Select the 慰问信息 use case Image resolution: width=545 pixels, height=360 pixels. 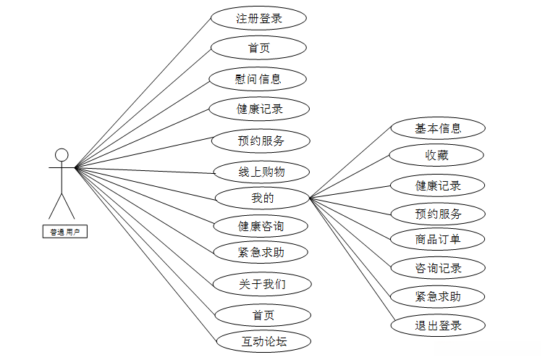coord(258,79)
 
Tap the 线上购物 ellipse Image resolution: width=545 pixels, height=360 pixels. coord(261,172)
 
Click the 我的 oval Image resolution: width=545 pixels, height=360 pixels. coord(262,197)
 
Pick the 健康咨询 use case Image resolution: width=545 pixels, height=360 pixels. coord(261,226)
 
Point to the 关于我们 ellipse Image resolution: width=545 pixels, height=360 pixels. coord(261,284)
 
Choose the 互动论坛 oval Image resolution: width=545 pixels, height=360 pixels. coord(264,340)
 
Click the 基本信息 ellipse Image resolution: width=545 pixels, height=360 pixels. coord(438,129)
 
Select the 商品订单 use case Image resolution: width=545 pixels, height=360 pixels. coord(438,238)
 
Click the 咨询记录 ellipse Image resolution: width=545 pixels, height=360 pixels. coord(438,268)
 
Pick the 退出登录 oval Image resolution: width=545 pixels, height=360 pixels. coord(438,325)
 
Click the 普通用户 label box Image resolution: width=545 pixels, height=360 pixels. coord(64,232)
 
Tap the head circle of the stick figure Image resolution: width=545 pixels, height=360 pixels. coord(62,155)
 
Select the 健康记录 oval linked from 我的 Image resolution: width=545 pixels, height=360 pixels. coord(438,185)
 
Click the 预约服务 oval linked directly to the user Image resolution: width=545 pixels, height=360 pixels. coord(261,141)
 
